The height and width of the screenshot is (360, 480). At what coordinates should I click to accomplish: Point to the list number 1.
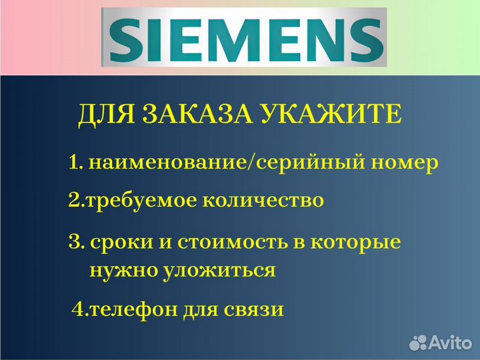(x=74, y=163)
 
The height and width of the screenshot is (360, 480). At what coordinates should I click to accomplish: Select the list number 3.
(x=74, y=242)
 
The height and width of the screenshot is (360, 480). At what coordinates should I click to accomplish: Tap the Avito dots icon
(x=418, y=343)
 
